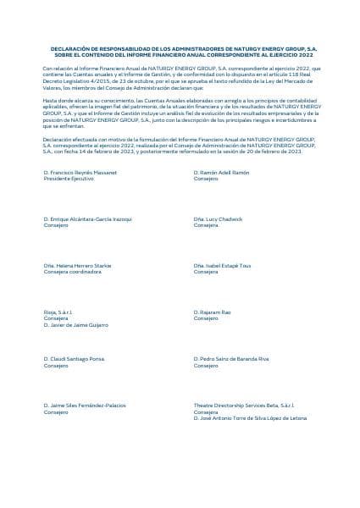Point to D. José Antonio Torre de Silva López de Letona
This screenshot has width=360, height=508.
[x=250, y=419]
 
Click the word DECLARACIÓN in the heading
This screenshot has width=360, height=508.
[x=71, y=50]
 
